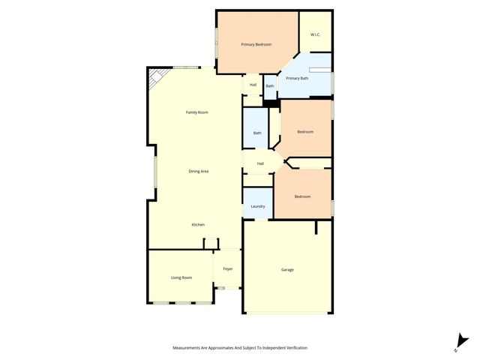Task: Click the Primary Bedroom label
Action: click(256, 45)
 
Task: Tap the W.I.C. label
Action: click(316, 34)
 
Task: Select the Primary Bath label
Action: click(298, 78)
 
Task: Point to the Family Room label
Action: click(197, 112)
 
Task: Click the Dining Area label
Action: click(199, 172)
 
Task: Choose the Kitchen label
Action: click(198, 225)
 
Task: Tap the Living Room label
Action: click(181, 277)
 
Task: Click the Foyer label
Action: click(228, 268)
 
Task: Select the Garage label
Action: click(287, 270)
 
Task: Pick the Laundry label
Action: click(258, 206)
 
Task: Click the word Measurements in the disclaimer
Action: click(187, 348)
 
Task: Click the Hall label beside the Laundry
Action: click(260, 163)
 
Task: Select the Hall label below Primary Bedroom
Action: click(253, 85)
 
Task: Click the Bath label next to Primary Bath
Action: click(270, 86)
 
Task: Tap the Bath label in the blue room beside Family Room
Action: click(257, 133)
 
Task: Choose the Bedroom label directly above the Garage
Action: click(302, 196)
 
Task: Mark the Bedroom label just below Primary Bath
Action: click(305, 132)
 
